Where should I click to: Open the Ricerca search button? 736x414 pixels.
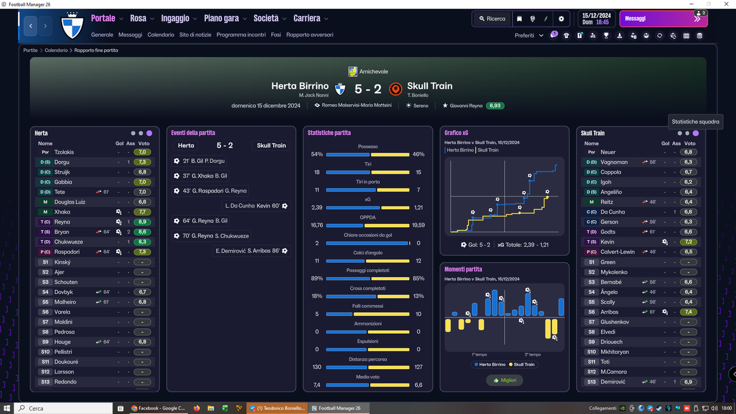(492, 19)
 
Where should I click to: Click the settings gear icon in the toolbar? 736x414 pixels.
(561, 19)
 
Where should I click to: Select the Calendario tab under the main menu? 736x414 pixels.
(160, 35)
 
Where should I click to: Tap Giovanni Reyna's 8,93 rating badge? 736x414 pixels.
(495, 105)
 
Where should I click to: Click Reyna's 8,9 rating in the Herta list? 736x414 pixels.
(142, 222)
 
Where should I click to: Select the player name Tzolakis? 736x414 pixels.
(64, 152)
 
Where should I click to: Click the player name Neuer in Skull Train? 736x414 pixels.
(608, 152)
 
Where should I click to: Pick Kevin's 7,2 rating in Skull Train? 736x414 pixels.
(688, 242)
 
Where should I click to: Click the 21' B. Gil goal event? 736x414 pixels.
(200, 161)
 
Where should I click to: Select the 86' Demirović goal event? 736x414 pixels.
(251, 251)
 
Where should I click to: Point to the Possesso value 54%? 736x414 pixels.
(317, 154)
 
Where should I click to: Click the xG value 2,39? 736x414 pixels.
(317, 208)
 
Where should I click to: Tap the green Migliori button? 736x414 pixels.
(505, 380)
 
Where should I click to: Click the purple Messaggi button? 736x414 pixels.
(664, 19)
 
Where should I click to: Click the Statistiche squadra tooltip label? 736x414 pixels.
(695, 121)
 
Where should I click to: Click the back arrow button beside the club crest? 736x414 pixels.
(30, 26)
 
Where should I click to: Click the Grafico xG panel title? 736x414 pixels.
(456, 133)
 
